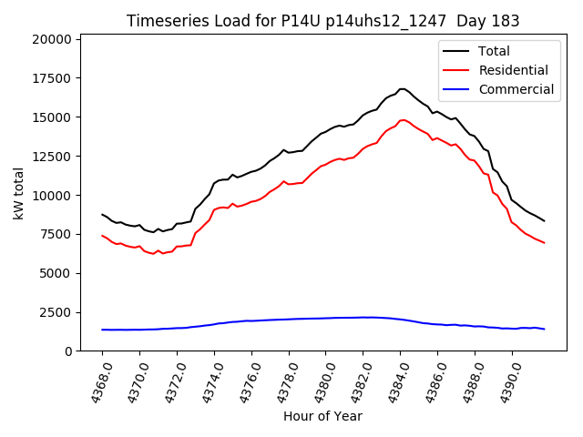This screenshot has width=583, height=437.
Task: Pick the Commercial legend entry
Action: [516, 89]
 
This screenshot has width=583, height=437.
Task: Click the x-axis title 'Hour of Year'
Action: [322, 416]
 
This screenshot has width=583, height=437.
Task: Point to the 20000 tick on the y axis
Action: [52, 39]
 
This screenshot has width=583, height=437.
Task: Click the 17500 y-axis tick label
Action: [52, 78]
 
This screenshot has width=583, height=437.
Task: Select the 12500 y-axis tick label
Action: [52, 157]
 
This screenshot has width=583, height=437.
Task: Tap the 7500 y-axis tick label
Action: [56, 234]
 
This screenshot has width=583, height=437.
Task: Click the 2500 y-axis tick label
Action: [56, 312]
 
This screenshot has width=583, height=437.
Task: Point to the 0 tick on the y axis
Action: [69, 351]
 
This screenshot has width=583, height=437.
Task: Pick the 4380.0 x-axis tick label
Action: [320, 382]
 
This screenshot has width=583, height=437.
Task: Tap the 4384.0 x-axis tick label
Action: [394, 382]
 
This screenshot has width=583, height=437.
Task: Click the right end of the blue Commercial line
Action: [544, 329]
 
